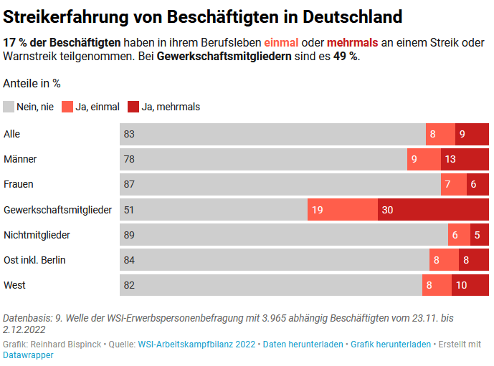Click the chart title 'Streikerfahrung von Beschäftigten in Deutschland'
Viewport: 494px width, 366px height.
tap(202, 16)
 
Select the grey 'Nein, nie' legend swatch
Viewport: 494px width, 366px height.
tap(9, 107)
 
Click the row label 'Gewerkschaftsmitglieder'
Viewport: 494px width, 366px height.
tap(57, 210)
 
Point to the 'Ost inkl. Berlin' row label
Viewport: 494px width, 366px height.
tap(34, 260)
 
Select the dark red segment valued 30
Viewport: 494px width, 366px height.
tap(433, 210)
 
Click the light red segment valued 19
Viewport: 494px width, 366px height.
tap(343, 210)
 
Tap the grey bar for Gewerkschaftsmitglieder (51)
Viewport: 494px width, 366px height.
tap(214, 210)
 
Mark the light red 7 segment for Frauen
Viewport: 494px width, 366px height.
tap(454, 184)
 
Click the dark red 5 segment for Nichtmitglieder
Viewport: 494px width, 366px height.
tap(480, 235)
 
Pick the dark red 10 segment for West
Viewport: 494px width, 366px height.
tap(470, 285)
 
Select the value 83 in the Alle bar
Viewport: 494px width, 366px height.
tap(129, 134)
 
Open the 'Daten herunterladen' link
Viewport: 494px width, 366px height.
tap(303, 345)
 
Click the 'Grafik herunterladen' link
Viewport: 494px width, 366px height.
tap(391, 345)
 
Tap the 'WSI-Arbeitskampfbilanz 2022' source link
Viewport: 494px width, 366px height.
tap(196, 345)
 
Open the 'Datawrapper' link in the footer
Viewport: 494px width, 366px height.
tap(28, 355)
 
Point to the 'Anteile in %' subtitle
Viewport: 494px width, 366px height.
tap(32, 83)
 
